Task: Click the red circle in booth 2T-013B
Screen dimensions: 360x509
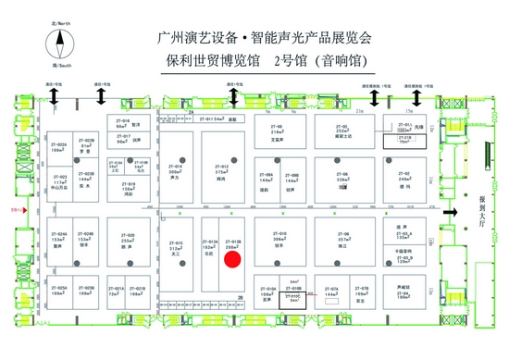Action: (232, 259)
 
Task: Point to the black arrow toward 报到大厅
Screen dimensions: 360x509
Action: (452, 214)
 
